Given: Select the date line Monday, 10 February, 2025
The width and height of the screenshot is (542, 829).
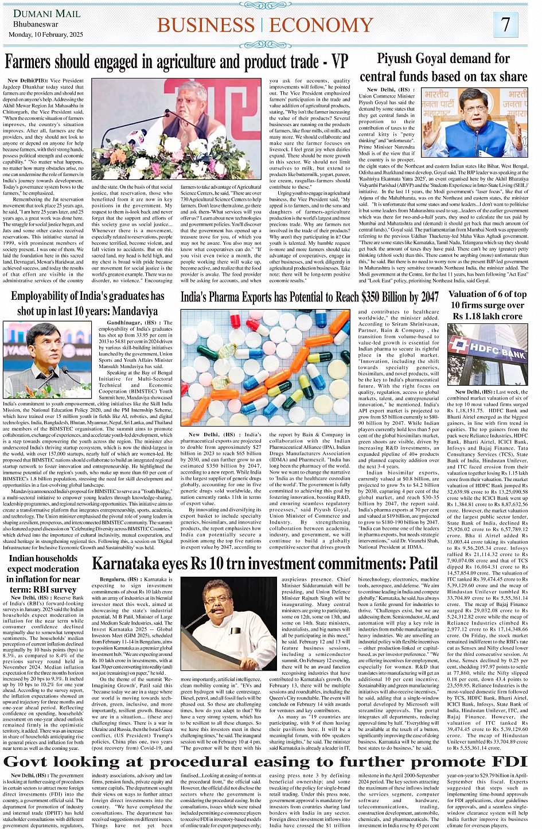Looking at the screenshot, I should pyautogui.click(x=48, y=34).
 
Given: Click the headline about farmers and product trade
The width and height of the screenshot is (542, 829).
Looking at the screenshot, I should pyautogui.click(x=176, y=62).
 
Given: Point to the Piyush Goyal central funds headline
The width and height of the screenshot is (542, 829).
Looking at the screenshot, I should pyautogui.click(x=443, y=67).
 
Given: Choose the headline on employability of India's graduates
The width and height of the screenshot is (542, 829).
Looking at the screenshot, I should pyautogui.click(x=87, y=303).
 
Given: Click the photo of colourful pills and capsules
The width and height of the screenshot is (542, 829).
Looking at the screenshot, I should pyautogui.click(x=265, y=368).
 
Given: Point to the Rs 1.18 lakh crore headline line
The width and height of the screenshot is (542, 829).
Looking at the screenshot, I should pyautogui.click(x=487, y=316).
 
